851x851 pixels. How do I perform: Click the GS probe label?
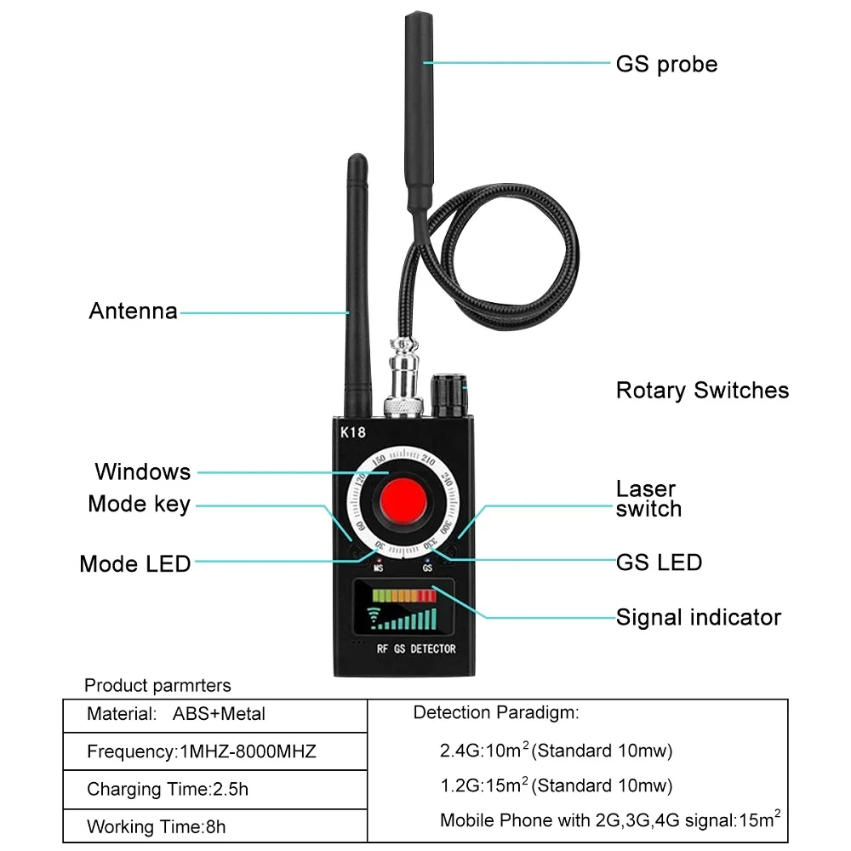[666, 64]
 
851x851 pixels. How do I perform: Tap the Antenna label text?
[134, 311]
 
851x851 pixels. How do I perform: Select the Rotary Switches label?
[702, 391]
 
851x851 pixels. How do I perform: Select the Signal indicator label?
[698, 617]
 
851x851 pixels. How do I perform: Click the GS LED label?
[659, 563]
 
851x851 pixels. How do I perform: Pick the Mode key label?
[139, 504]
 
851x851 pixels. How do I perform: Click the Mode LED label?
[134, 564]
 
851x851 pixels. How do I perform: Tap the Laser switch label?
[648, 499]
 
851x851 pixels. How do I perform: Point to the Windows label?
[142, 471]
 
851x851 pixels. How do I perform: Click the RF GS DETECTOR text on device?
[416, 648]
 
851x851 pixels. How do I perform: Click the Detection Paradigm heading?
[495, 713]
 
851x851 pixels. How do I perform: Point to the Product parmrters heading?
[157, 685]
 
